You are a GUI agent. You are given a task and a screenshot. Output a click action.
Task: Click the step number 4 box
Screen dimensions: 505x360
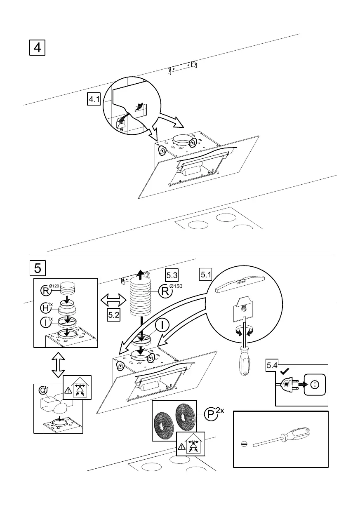pos(37,47)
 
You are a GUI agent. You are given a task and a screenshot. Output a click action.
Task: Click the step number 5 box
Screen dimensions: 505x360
pos(37,268)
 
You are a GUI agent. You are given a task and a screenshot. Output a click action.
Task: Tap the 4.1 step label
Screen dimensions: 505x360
pos(94,99)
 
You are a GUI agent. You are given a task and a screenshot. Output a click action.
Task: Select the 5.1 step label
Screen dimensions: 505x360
pos(206,274)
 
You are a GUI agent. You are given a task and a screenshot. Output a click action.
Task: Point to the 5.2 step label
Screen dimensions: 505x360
pos(114,315)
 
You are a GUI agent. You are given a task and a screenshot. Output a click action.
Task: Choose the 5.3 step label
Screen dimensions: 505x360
pos(172,274)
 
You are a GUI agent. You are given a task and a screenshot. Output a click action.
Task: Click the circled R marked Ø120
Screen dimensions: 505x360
pos(46,290)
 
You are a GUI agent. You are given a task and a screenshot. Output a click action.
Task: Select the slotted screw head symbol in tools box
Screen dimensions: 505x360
pos(244,444)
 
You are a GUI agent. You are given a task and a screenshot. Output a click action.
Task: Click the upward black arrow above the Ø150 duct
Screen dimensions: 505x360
pos(141,274)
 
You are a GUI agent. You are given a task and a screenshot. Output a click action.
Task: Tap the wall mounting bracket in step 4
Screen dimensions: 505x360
pos(181,68)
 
